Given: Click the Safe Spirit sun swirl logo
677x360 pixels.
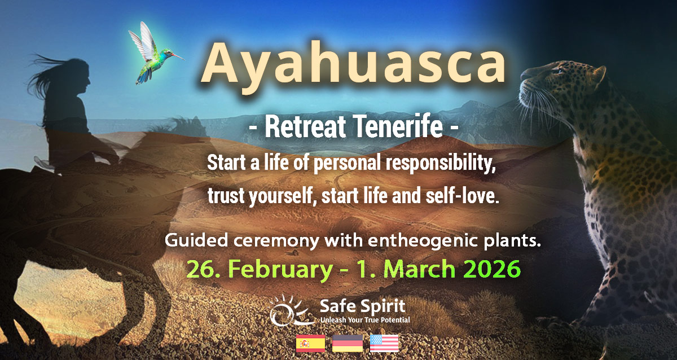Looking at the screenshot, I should pyautogui.click(x=291, y=312).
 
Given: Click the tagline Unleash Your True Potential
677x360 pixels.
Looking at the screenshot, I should pyautogui.click(x=364, y=320).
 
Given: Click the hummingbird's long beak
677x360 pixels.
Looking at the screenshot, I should pyautogui.click(x=177, y=56).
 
